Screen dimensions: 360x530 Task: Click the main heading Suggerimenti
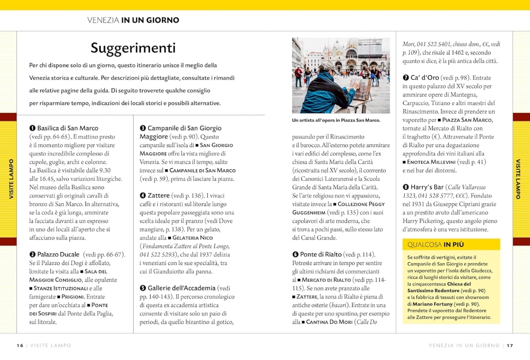point(133,48)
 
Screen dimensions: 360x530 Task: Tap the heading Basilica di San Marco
point(67,128)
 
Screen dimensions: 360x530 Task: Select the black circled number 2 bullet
point(32,254)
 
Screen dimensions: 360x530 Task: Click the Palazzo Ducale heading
point(58,254)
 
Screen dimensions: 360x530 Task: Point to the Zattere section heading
point(159,195)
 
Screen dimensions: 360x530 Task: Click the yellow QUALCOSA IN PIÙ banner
point(451,244)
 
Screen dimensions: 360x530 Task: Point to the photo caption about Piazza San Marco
point(336,120)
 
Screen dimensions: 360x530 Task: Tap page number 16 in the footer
point(20,345)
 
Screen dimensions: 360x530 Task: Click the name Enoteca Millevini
point(436,161)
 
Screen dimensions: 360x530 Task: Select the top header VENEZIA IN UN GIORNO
point(133,21)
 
